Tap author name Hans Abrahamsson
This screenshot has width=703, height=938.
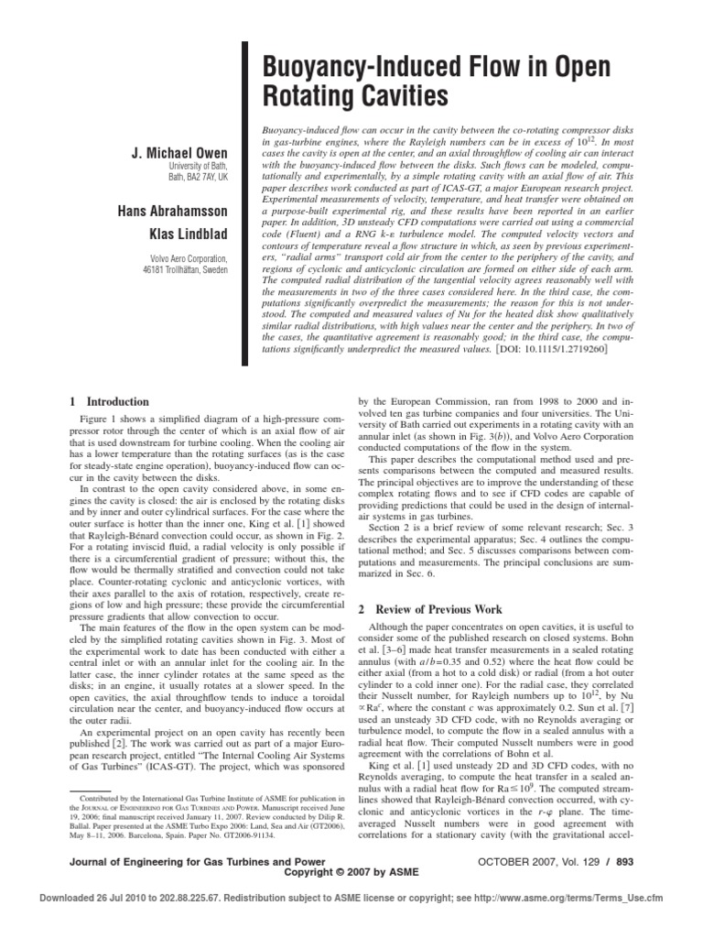click(x=176, y=212)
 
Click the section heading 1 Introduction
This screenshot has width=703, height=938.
click(x=109, y=401)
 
